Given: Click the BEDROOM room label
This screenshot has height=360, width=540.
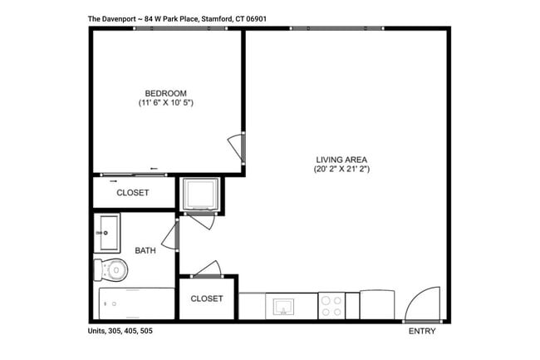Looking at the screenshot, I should [165, 93].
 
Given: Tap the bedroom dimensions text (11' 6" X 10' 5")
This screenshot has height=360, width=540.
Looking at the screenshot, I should [166, 103].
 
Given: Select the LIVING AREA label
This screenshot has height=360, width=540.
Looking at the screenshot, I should [341, 160].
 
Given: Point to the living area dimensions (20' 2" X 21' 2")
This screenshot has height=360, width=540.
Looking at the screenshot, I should [341, 170].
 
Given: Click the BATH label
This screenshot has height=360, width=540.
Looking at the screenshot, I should [145, 249].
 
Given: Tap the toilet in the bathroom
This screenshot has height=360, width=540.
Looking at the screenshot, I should [111, 269].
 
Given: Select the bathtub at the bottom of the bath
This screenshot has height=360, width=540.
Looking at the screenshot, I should [136, 303].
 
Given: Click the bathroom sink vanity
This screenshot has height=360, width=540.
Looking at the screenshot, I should [107, 233].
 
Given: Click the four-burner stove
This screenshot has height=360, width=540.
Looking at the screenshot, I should [331, 306].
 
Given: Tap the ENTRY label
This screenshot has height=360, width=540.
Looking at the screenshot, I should [421, 331].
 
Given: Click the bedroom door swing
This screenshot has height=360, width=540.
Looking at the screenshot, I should [237, 149].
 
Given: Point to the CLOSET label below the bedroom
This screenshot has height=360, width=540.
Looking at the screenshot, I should [133, 193].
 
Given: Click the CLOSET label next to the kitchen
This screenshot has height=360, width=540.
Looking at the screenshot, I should [207, 299].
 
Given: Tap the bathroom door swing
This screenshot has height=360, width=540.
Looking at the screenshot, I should [170, 235].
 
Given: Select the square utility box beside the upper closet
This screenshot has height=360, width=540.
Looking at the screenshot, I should [200, 194].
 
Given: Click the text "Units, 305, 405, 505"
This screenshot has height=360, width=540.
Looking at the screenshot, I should [120, 331].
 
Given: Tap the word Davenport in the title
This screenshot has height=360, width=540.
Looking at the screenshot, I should [121, 17].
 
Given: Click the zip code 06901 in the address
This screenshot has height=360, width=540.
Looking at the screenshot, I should [257, 17].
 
